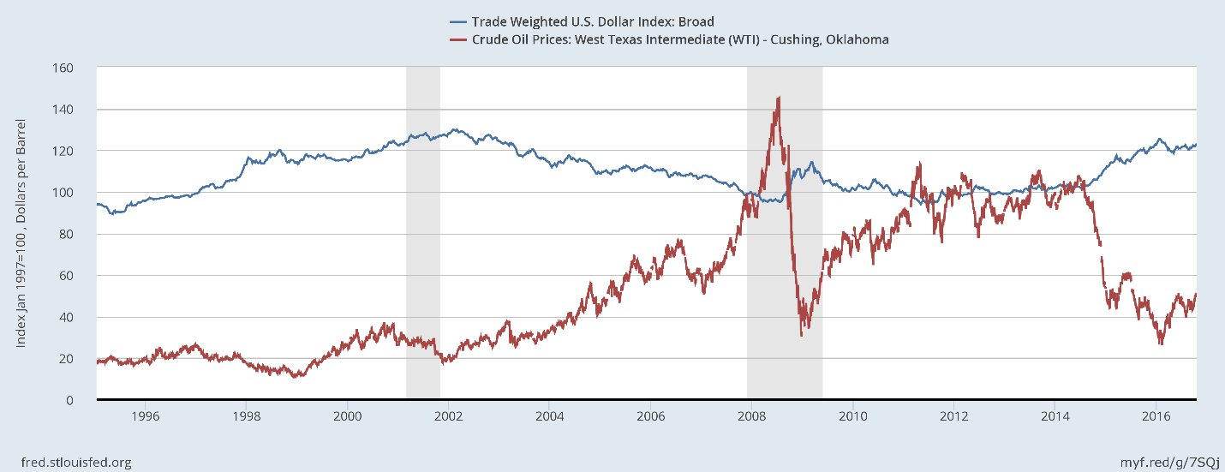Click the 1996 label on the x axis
(145, 416)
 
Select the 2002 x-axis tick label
(448, 416)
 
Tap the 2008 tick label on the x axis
(751, 416)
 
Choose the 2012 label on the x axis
(953, 416)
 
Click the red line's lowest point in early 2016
(1161, 344)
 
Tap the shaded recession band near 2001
(422, 231)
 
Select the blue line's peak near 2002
(453, 129)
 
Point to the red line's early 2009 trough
(801, 334)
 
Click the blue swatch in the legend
(457, 21)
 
